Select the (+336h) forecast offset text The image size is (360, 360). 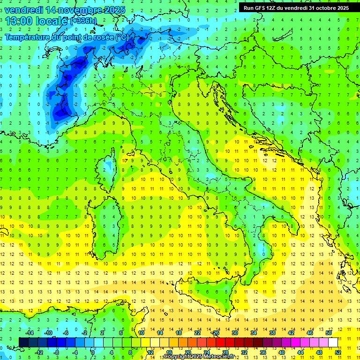tap(83, 21)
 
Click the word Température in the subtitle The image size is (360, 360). tap(29, 37)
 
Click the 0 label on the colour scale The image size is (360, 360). tap(93, 352)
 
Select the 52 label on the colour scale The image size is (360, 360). tap(337, 352)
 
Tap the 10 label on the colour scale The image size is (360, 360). tap(141, 332)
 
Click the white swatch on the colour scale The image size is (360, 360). tap(333, 342)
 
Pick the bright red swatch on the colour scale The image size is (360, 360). tap(220, 342)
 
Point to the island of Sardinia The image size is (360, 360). tap(105, 225)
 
